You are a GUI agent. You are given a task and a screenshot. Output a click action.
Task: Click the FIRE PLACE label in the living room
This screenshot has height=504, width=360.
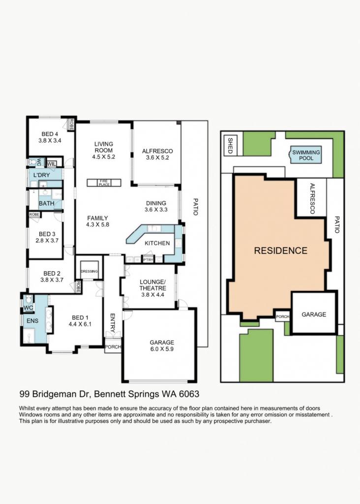pos(104,183)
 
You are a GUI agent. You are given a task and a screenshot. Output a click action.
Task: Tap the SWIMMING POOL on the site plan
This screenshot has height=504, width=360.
pos(306,156)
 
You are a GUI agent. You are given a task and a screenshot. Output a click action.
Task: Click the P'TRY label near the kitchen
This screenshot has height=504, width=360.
pos(147,259)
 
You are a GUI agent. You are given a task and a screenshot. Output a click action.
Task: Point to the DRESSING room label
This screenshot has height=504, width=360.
pos(90,271)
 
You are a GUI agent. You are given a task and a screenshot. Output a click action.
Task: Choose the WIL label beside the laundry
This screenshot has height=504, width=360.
pos(52,164)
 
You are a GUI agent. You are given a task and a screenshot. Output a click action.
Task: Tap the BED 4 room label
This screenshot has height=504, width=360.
pos(50,134)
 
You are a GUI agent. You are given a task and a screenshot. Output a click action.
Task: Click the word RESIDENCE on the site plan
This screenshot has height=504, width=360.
pos(280,251)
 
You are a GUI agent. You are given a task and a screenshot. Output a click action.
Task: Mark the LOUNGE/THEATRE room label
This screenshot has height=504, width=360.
pos(152,284)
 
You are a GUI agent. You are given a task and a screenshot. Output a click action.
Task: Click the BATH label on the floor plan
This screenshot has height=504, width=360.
pos(47,203)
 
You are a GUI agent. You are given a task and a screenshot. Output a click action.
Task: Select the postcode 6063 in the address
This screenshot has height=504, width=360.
pos(188,394)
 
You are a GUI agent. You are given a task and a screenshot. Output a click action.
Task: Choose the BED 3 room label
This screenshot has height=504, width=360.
pos(47,234)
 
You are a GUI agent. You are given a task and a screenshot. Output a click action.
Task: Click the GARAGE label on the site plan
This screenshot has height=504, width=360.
pos(314,314)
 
